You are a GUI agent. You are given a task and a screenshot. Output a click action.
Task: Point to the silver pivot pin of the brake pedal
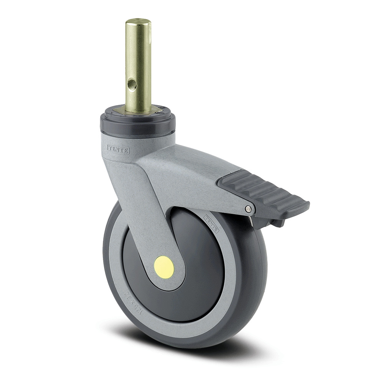pyautogui.click(x=249, y=209)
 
